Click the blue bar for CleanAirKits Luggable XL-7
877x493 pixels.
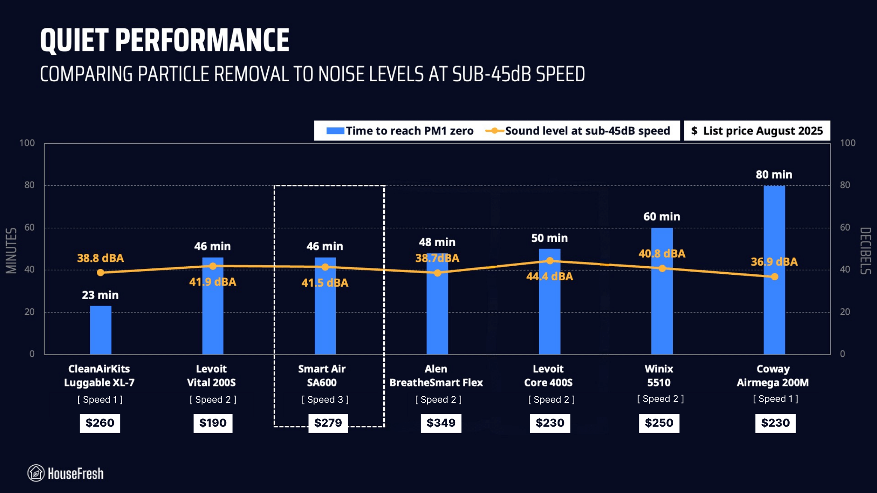click(x=101, y=330)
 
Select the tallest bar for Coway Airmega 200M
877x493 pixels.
click(x=774, y=270)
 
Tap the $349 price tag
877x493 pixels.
click(x=441, y=423)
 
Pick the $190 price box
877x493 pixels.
click(x=213, y=423)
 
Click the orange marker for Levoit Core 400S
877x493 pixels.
click(x=550, y=261)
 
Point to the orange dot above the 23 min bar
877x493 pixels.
click(x=100, y=273)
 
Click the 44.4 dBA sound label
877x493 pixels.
click(x=549, y=277)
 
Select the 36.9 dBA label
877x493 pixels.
click(x=774, y=262)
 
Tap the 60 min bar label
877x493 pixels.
click(x=662, y=217)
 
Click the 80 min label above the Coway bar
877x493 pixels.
click(x=774, y=175)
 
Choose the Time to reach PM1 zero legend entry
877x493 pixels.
click(x=400, y=131)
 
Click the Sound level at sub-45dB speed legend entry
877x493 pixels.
click(x=578, y=131)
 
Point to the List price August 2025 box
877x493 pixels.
click(x=757, y=131)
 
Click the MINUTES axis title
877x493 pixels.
click(x=11, y=250)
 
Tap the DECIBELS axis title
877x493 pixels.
click(x=865, y=251)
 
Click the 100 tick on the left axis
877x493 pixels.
click(x=27, y=143)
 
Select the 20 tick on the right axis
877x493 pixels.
click(x=845, y=312)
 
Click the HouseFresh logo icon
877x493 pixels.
click(x=36, y=473)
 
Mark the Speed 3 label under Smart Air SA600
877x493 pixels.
click(x=325, y=400)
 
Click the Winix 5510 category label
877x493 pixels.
click(x=659, y=376)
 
